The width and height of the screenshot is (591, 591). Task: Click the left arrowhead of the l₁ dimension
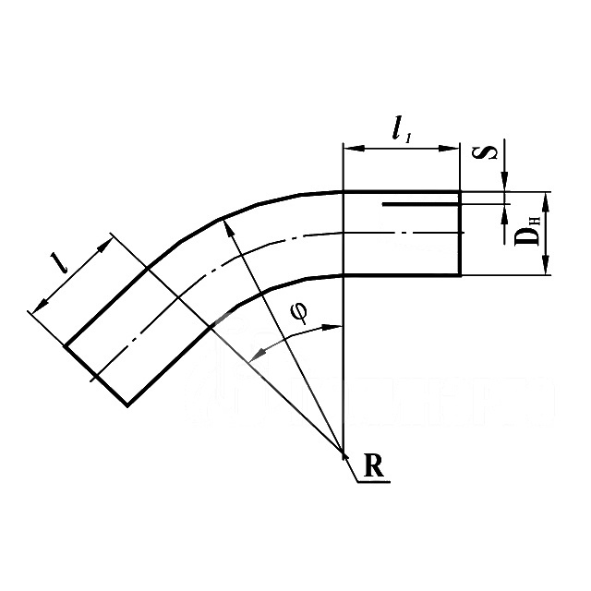click(x=349, y=146)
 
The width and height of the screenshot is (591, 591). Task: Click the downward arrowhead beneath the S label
click(x=506, y=184)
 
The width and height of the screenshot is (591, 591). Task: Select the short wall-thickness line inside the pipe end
click(x=420, y=204)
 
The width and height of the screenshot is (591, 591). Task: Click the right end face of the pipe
click(x=459, y=233)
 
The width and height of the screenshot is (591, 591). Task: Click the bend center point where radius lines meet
click(x=344, y=452)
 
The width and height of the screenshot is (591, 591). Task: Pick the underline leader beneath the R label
click(x=374, y=480)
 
